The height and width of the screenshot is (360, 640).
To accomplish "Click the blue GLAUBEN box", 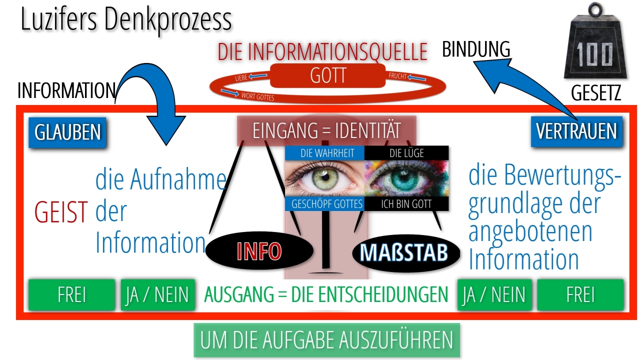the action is click(67, 132).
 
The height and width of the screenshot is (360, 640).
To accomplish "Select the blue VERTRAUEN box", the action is click(576, 131).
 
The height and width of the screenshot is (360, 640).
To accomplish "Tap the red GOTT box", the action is click(327, 75).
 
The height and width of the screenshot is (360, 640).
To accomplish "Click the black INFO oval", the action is click(259, 250).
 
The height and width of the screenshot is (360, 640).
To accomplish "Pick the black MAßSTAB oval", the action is click(405, 253).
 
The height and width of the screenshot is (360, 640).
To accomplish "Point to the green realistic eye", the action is click(324, 178).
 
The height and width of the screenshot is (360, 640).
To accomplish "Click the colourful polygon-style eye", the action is click(406, 178).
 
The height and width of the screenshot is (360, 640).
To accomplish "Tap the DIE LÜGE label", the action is click(406, 153).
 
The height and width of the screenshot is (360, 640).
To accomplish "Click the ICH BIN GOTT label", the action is click(406, 203).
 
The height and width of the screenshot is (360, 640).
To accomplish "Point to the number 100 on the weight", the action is click(594, 55).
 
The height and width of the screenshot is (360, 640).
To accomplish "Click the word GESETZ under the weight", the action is click(596, 92).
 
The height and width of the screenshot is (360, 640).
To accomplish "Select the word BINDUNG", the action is click(476, 49).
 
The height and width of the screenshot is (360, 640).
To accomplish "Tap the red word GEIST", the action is click(61, 211).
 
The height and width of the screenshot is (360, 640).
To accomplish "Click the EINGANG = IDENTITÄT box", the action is click(326, 130).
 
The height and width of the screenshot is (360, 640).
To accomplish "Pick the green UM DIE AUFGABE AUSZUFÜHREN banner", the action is click(326, 340).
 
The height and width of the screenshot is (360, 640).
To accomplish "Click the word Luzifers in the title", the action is click(59, 19).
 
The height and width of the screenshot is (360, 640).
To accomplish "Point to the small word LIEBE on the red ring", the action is click(241, 77).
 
